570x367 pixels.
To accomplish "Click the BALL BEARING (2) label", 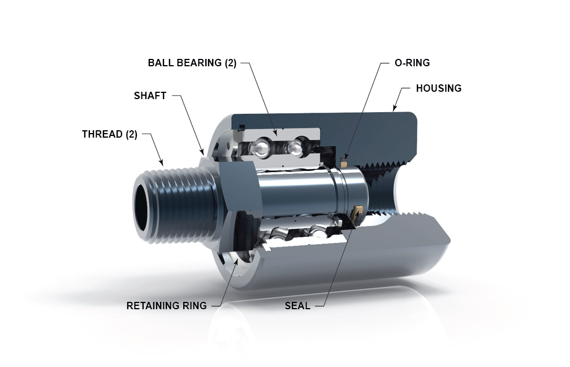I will (192, 63).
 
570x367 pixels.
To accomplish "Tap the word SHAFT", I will (150, 96).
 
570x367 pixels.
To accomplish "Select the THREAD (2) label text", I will (110, 134).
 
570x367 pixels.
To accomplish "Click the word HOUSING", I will (439, 88).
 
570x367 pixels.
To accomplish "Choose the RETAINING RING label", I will (167, 306).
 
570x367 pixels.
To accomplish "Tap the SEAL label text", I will (297, 306).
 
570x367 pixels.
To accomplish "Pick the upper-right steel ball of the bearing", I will (294, 149).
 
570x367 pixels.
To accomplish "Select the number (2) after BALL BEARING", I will (230, 63).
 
